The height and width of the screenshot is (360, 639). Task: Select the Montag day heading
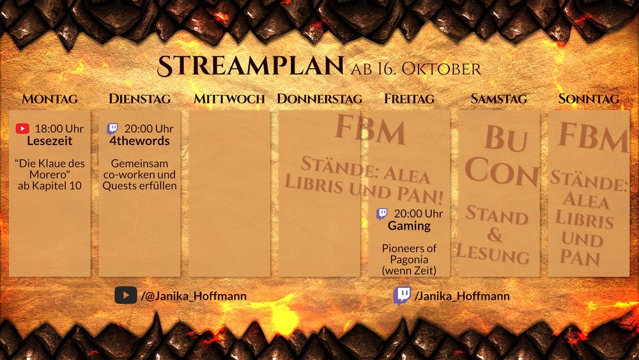point(50,99)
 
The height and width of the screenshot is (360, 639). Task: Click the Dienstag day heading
point(139,99)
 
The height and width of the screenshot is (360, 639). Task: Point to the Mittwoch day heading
point(229,99)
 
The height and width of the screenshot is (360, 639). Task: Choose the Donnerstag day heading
point(319,99)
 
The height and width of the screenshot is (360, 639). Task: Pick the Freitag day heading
point(409,99)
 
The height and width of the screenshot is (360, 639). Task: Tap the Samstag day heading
point(498,99)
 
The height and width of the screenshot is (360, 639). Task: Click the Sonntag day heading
point(589,99)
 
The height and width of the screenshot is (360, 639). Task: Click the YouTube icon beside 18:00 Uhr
point(22,129)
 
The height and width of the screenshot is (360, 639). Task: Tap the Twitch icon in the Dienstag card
point(112,129)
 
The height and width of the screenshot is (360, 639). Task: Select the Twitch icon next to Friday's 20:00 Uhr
point(382,214)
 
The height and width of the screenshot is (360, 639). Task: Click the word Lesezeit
point(50,141)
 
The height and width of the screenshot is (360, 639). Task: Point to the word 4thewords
point(139,141)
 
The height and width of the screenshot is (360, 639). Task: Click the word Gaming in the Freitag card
point(409,226)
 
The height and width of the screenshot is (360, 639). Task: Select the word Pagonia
point(409,260)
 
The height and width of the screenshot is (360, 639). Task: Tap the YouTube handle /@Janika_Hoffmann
point(194,296)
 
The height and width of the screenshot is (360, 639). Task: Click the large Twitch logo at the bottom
point(403,295)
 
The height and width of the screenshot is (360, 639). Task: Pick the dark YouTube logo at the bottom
point(126,295)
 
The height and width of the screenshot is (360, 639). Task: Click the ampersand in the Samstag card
point(495,234)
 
